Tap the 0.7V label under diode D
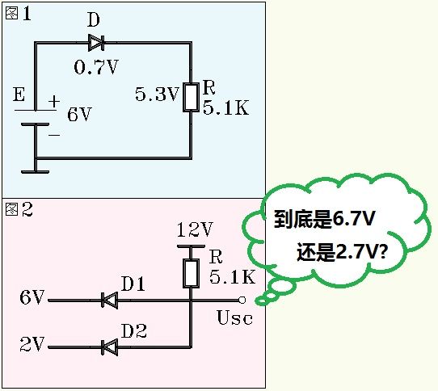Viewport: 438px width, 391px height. click(x=95, y=67)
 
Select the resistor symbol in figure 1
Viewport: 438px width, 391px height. click(x=191, y=96)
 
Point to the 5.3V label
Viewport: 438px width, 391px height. click(x=156, y=95)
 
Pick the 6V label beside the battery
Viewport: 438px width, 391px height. click(x=79, y=115)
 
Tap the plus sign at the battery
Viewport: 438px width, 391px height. click(x=55, y=102)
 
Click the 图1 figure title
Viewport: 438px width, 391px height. click(x=19, y=15)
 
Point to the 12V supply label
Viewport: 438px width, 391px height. click(x=194, y=229)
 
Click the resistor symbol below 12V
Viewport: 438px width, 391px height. click(x=192, y=272)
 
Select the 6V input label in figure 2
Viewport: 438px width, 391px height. click(x=32, y=298)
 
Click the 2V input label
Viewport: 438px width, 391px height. click(x=32, y=345)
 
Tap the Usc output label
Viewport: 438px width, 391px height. click(x=234, y=317)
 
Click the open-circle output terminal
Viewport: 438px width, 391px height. click(x=241, y=300)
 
